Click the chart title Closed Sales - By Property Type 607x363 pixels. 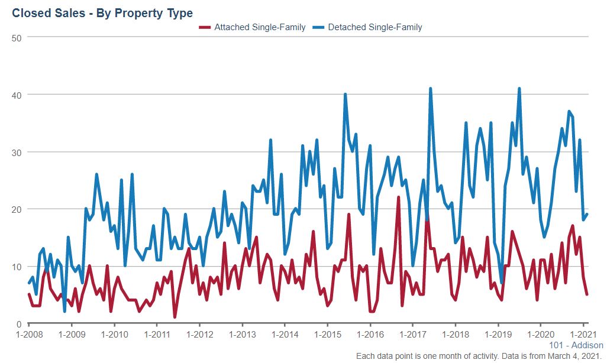(102, 12)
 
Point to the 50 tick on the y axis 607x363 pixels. (17, 37)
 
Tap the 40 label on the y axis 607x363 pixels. (17, 95)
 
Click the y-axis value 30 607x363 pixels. (17, 152)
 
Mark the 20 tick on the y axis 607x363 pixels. (17, 209)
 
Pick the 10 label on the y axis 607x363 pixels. (17, 267)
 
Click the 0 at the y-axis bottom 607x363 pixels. (19, 324)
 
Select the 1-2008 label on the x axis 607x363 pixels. (28, 334)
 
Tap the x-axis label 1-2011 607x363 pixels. (156, 334)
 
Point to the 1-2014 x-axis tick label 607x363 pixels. (284, 334)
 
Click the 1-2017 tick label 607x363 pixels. (412, 334)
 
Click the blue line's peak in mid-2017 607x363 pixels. (430, 89)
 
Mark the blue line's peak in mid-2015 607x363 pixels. (345, 95)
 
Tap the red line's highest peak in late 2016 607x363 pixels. (398, 197)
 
